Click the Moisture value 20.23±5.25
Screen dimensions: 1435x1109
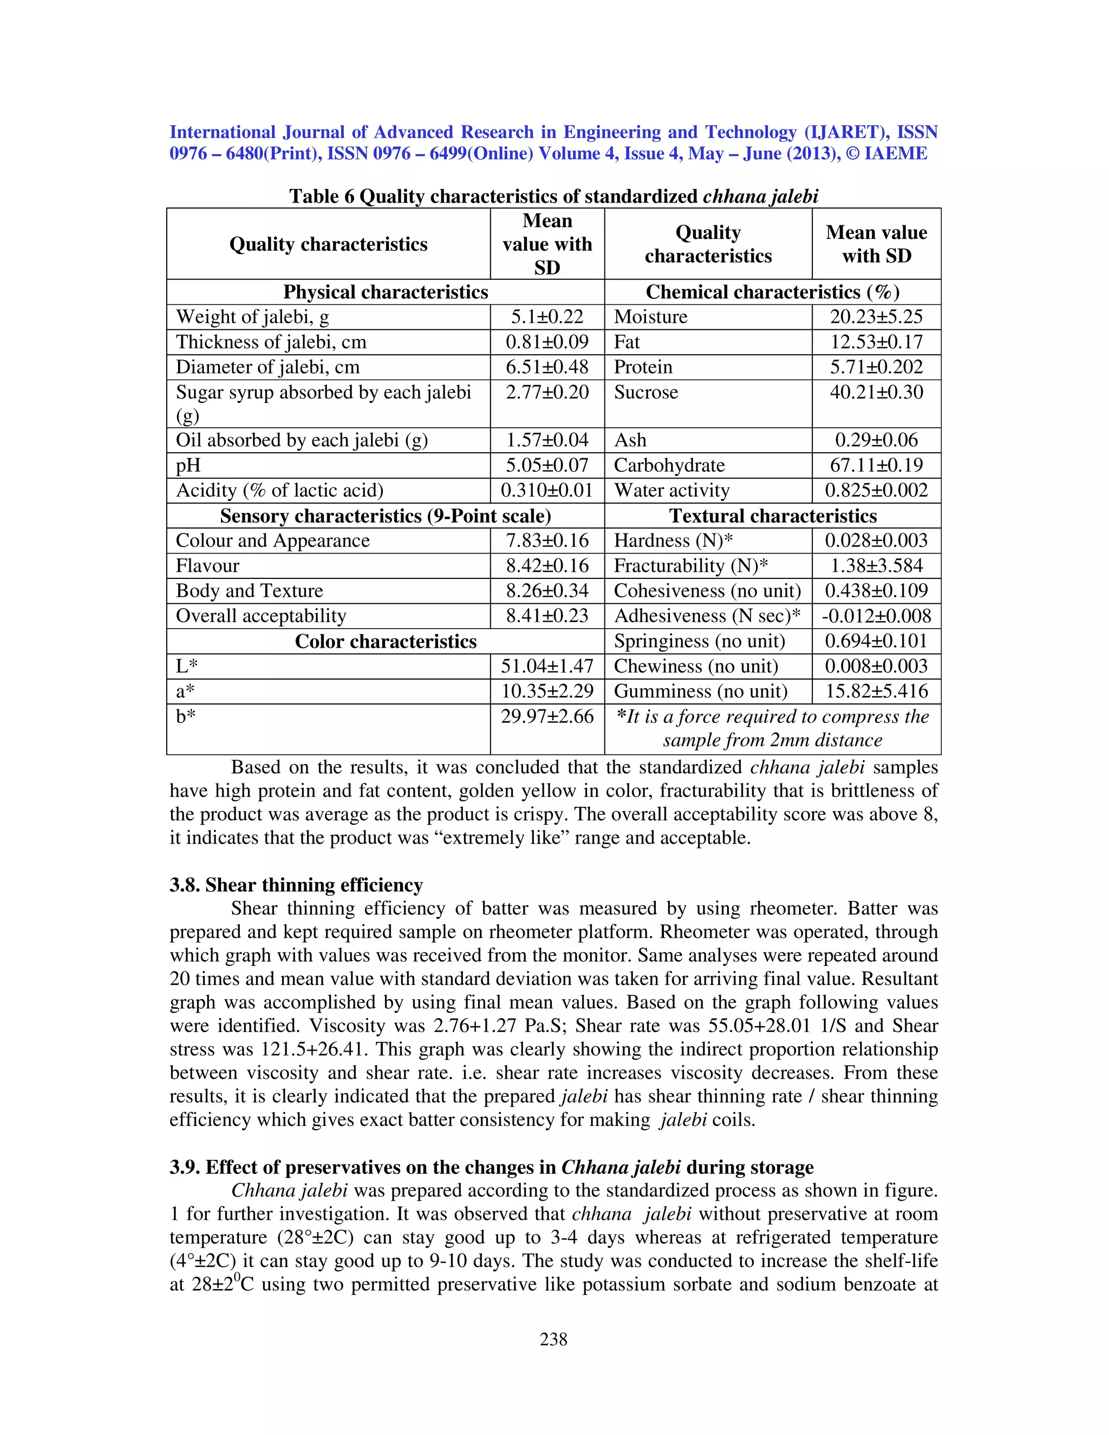[876, 317]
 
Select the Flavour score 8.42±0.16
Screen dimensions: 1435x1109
[546, 566]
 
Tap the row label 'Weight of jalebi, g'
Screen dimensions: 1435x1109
[252, 317]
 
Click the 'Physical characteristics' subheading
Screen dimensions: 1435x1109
[385, 292]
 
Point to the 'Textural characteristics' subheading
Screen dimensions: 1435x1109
[773, 516]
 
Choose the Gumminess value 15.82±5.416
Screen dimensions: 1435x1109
[876, 691]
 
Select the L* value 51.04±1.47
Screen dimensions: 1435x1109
[546, 666]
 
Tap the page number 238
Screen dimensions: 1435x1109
[553, 1339]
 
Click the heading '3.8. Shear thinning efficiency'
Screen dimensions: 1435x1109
[296, 885]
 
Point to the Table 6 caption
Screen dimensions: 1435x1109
[553, 196]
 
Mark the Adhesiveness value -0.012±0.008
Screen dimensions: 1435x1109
[876, 616]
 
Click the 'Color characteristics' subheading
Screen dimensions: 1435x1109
[385, 641]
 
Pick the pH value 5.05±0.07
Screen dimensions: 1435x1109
[546, 465]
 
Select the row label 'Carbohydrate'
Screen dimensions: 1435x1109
[669, 465]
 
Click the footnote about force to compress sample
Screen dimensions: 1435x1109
[773, 728]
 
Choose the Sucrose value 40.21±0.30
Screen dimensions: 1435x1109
[876, 392]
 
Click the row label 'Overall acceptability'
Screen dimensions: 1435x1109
[261, 616]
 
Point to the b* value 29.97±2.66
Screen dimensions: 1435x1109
[546, 716]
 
